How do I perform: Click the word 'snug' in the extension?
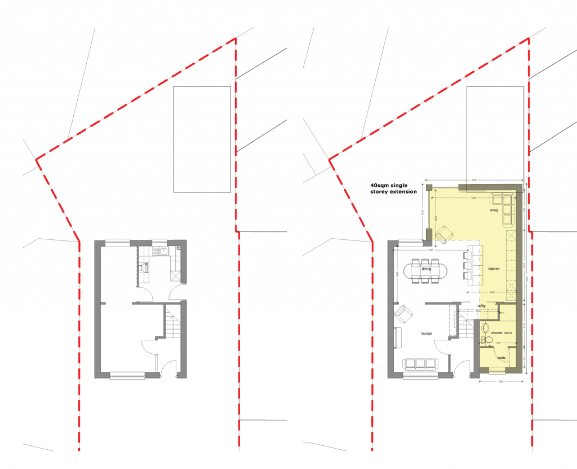[x=494, y=210]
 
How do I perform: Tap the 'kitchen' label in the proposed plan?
[x=494, y=269]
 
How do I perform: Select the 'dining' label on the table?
[x=426, y=269]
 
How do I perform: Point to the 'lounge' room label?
[x=426, y=334]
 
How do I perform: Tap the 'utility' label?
[x=481, y=306]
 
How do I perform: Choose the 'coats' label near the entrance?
[x=500, y=358]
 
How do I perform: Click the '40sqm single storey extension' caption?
[x=393, y=188]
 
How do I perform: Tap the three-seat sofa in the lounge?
[x=420, y=363]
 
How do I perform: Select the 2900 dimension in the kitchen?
[x=491, y=292]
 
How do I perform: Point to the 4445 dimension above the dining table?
[x=430, y=250]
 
